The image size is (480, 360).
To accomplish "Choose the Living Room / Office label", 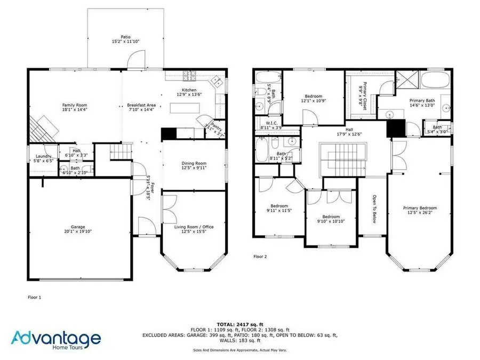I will point(194,227).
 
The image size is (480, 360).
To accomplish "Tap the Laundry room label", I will point(44,156).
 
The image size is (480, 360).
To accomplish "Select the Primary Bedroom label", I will point(420,208).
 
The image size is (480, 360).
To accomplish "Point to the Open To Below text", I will point(373,209).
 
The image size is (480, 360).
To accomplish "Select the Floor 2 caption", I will point(260,257).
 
